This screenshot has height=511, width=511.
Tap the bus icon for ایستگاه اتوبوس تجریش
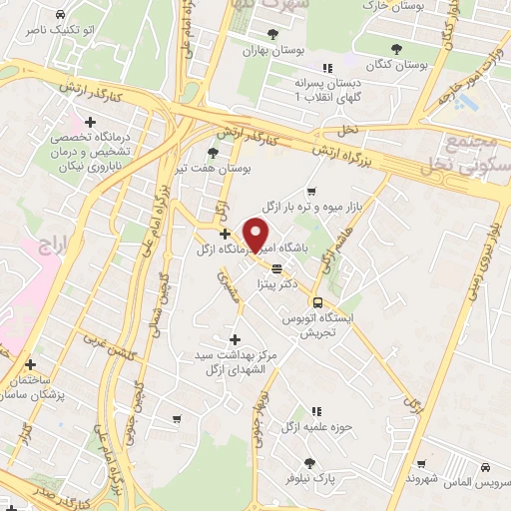(316, 302)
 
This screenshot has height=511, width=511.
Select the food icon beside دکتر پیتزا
(276, 267)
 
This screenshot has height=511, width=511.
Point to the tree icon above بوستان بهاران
(245, 33)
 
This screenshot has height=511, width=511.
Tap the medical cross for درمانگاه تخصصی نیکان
(91, 122)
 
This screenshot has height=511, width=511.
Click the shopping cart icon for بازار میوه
(312, 191)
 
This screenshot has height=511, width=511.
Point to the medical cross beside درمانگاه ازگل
(226, 234)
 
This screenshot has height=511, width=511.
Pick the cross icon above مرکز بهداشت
(236, 338)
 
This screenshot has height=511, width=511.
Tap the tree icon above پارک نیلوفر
(309, 462)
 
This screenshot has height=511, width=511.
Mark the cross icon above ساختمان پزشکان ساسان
(30, 364)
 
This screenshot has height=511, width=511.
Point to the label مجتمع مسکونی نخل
(468, 155)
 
